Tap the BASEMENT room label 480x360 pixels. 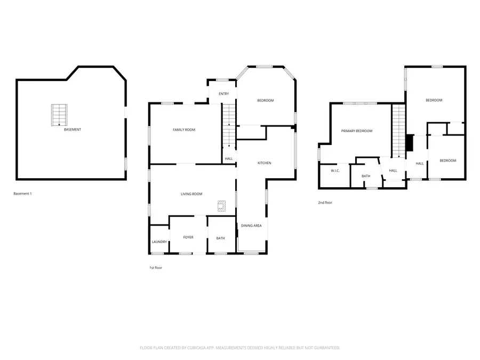[x=73, y=130]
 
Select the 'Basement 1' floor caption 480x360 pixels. [x=22, y=194]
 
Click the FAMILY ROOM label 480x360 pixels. [x=183, y=130]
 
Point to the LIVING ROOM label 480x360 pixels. [x=191, y=194]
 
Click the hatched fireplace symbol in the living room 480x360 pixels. [x=221, y=205]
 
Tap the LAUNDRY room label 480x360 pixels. [x=159, y=242]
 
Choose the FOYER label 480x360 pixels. [x=188, y=237]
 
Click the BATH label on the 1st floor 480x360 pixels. [x=220, y=238]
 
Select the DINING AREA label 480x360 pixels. [x=251, y=226]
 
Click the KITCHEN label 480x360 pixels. [x=265, y=163]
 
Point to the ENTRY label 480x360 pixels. [x=223, y=94]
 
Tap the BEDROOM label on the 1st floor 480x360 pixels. [x=265, y=100]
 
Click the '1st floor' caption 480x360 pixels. [x=156, y=268]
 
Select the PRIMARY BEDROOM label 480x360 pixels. [x=357, y=131]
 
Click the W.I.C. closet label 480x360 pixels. [x=335, y=171]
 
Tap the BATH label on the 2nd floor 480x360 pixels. [x=366, y=176]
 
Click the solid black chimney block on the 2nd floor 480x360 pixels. [x=409, y=143]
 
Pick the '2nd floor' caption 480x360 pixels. [x=325, y=203]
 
